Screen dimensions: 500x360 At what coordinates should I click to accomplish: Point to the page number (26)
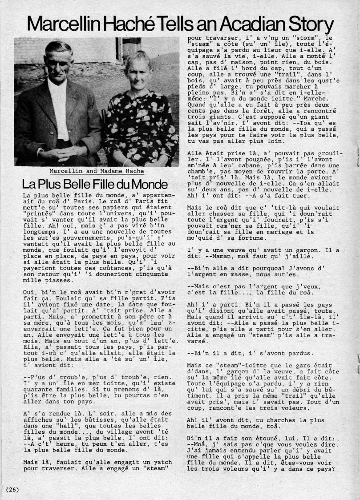click(12, 489)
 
